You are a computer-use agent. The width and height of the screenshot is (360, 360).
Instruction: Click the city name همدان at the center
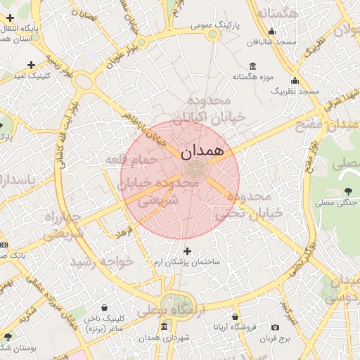coord(202,151)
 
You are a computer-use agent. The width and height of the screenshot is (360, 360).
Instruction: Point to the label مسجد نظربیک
coord(295,91)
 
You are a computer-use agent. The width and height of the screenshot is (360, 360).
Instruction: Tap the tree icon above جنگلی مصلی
coord(349,191)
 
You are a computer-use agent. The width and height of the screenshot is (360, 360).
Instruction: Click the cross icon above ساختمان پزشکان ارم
coord(187,250)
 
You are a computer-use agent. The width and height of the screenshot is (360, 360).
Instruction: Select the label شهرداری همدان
coord(165,338)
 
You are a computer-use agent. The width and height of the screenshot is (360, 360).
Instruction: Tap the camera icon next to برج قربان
coord(275,328)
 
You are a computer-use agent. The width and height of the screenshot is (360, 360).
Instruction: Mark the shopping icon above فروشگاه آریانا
coord(236,316)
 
